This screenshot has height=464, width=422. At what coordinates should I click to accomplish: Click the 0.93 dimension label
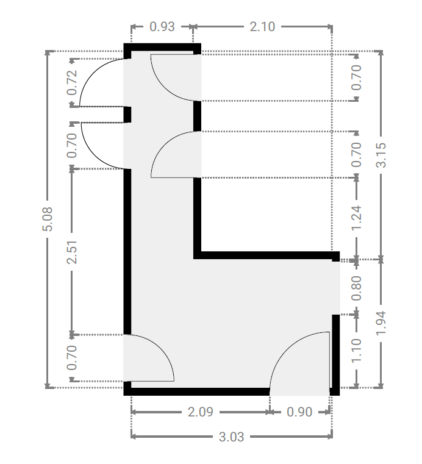162,27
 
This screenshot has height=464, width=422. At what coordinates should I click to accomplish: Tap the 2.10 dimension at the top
262,27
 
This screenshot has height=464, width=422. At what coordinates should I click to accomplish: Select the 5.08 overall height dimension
48,219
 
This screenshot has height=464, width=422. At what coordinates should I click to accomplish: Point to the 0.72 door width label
72,82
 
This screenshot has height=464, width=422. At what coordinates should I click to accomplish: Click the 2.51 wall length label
72,252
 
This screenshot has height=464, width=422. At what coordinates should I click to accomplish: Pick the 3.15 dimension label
381,155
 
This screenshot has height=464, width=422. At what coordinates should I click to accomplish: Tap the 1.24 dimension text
356,218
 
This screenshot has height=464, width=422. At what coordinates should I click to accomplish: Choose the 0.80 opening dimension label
356,288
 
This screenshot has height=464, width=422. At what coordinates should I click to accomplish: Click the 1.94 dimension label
381,323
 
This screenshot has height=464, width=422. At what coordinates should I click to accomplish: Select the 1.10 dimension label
356,351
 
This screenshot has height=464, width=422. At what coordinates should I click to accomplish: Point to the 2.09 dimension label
201,412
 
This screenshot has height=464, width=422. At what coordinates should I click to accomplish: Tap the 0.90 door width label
299,412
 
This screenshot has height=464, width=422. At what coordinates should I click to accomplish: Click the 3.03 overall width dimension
231,437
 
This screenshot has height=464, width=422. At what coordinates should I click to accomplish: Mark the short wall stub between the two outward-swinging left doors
127,115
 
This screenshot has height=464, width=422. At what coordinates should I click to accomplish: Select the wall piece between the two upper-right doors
198,116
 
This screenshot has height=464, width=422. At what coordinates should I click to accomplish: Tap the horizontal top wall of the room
162,48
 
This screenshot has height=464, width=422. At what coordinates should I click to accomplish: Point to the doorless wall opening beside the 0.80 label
336,288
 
